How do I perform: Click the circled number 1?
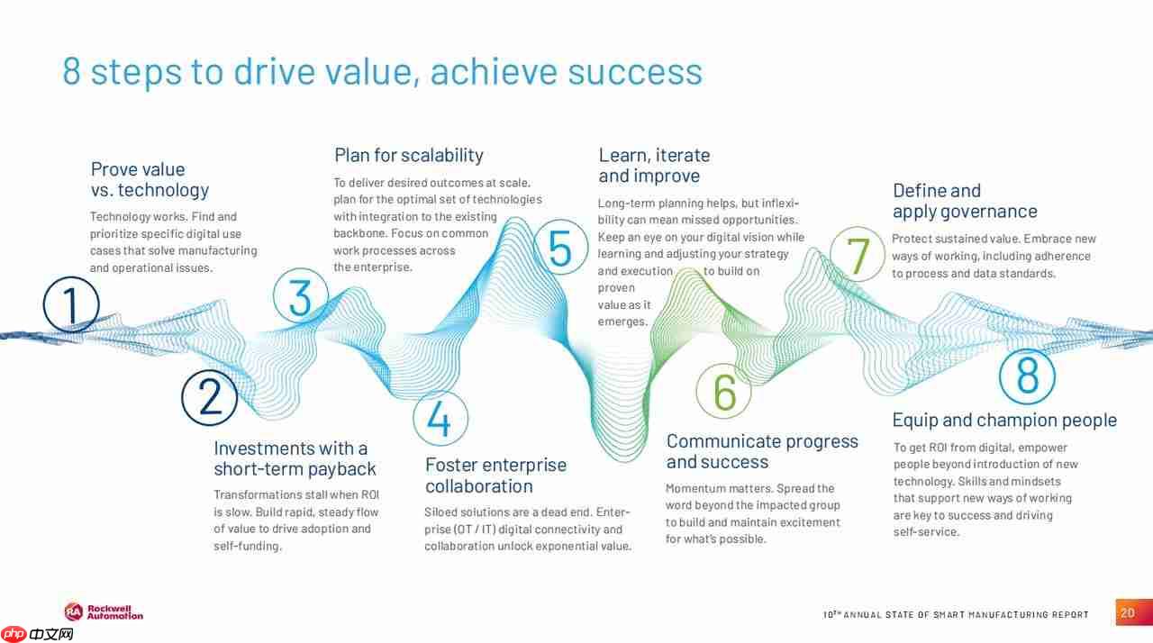pos(71,304)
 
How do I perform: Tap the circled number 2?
pos(210,398)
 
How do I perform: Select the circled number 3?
pos(301,295)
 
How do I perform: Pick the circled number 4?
pos(440,418)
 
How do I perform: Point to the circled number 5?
pos(560,247)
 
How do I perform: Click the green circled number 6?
pos(723,391)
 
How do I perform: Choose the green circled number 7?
pos(858,254)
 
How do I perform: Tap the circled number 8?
pos(1028,376)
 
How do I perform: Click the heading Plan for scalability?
pos(409,156)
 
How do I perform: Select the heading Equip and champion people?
pos(1004,421)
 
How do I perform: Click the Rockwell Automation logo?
pos(104,612)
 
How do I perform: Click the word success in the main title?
pos(635,72)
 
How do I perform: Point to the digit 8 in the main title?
pos(71,71)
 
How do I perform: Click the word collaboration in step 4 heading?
pos(478,486)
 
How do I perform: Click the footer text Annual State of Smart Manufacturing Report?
pos(956,614)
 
